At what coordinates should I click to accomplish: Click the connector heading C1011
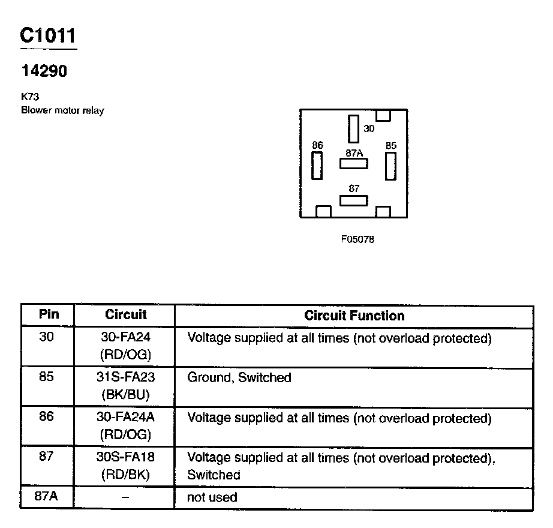click(48, 36)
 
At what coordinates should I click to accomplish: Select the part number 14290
click(44, 71)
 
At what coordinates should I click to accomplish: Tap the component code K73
click(30, 96)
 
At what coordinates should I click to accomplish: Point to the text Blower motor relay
click(62, 110)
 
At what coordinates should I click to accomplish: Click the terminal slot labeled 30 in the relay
click(353, 129)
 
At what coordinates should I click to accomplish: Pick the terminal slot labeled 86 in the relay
click(317, 166)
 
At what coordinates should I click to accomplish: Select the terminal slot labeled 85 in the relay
click(391, 166)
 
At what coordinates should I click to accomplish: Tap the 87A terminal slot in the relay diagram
click(354, 163)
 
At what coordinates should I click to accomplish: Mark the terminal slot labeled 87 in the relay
click(354, 200)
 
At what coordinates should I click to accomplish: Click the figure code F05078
click(357, 239)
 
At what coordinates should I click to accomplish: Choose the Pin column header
click(47, 315)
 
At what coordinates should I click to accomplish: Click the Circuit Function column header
click(354, 316)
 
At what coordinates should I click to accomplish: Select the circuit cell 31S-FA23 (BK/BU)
click(125, 386)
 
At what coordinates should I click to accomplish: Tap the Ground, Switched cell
click(239, 378)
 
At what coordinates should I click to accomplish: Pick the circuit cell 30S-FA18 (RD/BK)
click(125, 466)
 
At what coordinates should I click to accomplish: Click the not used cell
click(212, 497)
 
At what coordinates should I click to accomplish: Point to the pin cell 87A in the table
click(47, 497)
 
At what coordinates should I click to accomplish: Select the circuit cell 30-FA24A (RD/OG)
click(125, 425)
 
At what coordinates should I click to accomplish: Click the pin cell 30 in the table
click(47, 338)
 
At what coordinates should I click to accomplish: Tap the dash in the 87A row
click(125, 498)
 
